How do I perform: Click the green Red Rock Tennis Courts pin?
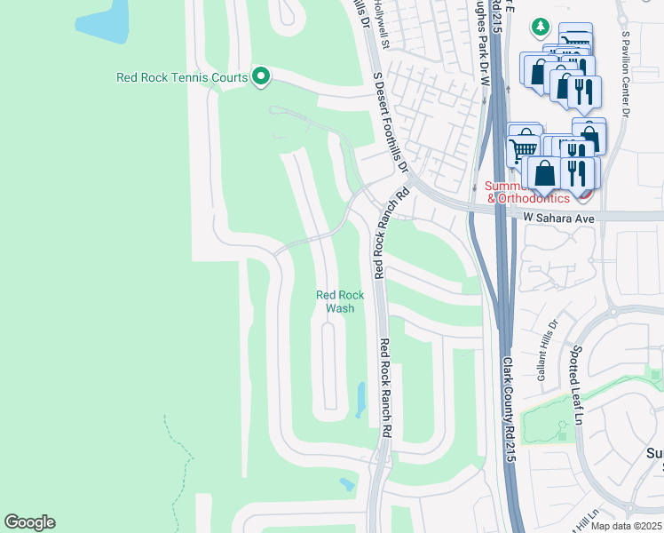tap(260, 77)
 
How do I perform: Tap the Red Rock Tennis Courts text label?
tap(182, 77)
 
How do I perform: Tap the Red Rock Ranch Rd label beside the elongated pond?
tap(385, 386)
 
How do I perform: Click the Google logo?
tap(29, 522)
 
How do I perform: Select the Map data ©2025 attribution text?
tap(626, 526)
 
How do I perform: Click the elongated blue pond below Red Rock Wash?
tap(360, 399)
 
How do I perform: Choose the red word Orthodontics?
tap(534, 198)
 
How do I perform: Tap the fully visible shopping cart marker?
tap(524, 147)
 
